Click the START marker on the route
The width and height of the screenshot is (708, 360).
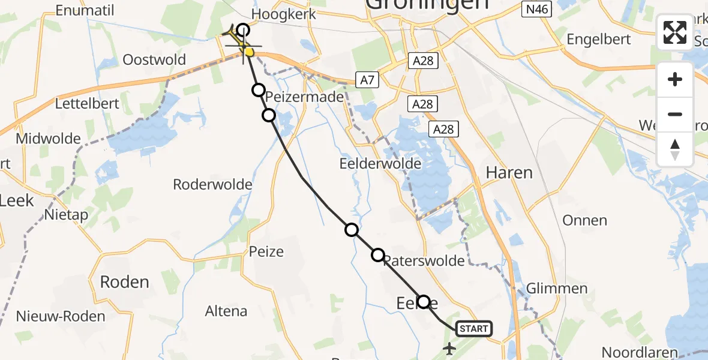(x=473, y=328)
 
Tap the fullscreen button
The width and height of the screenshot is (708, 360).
(x=675, y=32)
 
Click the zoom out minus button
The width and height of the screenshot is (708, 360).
(x=675, y=114)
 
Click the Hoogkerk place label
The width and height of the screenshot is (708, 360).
(x=276, y=14)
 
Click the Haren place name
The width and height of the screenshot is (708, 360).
(x=509, y=173)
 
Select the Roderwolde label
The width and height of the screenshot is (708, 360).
(x=212, y=184)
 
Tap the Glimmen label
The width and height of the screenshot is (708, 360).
(x=556, y=288)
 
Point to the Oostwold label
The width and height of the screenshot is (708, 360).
(x=154, y=60)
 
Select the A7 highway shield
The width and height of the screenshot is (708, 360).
(x=367, y=79)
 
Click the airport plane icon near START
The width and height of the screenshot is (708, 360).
(x=449, y=347)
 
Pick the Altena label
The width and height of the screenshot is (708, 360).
(x=226, y=311)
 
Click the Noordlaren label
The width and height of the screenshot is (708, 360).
(x=640, y=353)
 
